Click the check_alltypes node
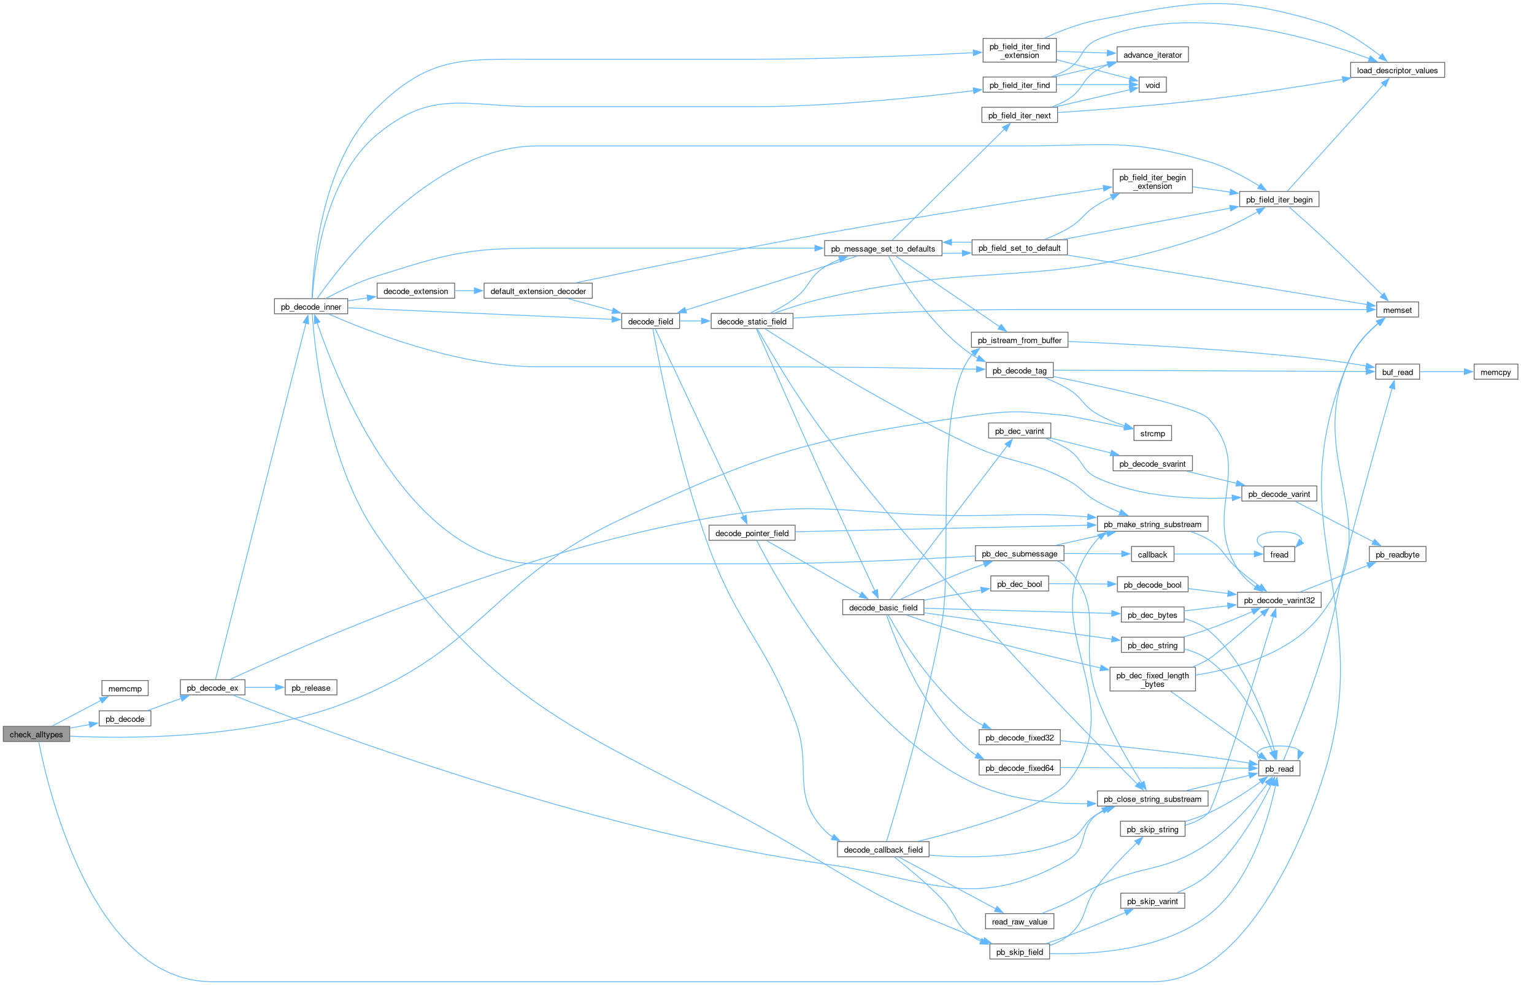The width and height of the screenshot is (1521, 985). tap(36, 735)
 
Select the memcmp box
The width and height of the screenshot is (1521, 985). tap(125, 689)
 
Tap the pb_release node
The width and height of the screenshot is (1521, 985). tap(310, 688)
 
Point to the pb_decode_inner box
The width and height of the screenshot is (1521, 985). tap(310, 307)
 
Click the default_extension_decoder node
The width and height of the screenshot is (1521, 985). tap(537, 291)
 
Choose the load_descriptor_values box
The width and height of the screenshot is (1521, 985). tap(1397, 71)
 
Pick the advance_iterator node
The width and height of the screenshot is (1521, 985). tap(1152, 55)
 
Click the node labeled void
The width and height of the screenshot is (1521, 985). tap(1152, 85)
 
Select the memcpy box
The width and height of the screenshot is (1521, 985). tap(1495, 372)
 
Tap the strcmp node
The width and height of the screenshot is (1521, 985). tap(1152, 434)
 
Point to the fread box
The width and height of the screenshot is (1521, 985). tap(1279, 554)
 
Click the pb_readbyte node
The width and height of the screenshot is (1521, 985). tap(1397, 554)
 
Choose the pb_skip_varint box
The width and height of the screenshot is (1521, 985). tap(1152, 902)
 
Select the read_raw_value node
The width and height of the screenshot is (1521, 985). tap(1019, 922)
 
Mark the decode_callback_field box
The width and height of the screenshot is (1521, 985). tap(882, 849)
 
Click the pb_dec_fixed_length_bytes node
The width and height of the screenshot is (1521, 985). tap(1152, 680)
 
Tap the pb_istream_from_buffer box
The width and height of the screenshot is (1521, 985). tap(1019, 340)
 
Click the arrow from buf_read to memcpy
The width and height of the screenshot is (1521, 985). tap(1446, 372)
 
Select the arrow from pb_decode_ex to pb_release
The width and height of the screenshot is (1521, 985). tap(264, 688)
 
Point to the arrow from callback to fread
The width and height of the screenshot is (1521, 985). tap(1218, 554)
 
